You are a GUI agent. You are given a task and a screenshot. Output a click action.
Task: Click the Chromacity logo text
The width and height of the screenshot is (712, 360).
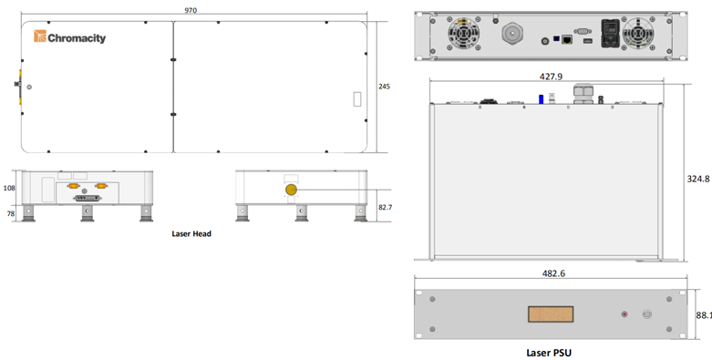(x=77, y=37)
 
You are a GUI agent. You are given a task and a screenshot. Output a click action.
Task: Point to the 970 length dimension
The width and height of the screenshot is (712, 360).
(x=191, y=10)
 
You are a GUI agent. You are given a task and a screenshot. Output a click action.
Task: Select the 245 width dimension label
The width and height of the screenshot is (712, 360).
(x=384, y=87)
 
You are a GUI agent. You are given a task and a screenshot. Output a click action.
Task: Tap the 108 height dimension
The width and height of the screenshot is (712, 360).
(x=9, y=188)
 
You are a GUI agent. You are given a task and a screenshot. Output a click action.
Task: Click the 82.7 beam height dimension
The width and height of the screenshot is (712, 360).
(x=385, y=207)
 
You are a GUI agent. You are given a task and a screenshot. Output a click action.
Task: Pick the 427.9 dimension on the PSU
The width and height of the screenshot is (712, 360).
(x=551, y=77)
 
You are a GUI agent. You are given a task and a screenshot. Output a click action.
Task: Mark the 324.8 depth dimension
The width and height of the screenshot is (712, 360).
(x=698, y=179)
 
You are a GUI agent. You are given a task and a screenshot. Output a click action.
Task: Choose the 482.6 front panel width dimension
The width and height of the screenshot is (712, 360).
(x=554, y=273)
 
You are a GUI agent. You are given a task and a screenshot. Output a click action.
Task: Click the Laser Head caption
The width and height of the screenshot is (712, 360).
(x=191, y=234)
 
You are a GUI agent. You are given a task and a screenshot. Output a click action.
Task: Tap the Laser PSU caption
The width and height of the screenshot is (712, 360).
(x=549, y=353)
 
